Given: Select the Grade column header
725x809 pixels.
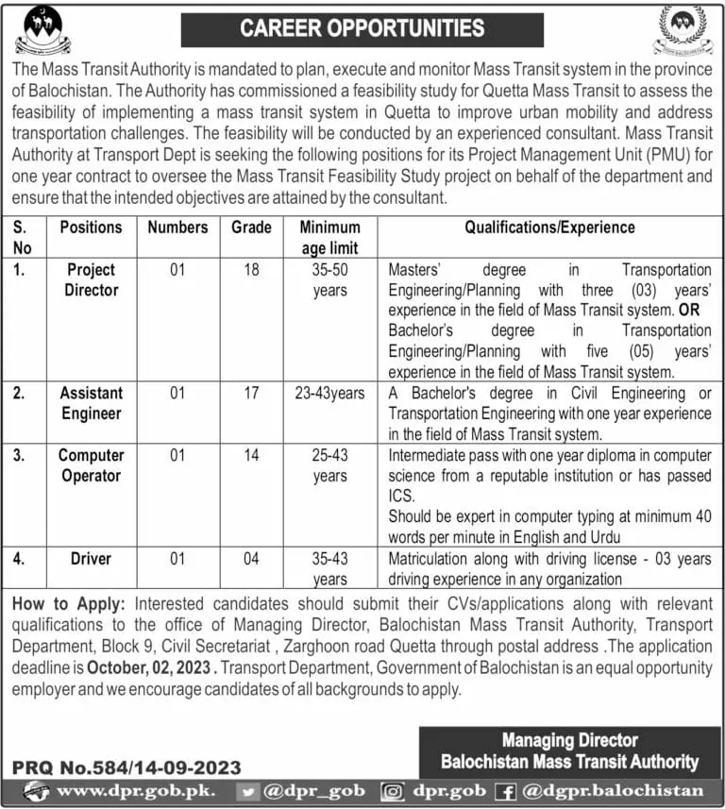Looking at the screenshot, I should click(x=251, y=228).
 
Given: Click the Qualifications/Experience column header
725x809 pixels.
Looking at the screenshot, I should click(x=549, y=228).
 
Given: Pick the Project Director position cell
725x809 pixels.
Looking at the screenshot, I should click(x=92, y=279).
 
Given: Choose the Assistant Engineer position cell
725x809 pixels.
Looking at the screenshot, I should click(x=92, y=403).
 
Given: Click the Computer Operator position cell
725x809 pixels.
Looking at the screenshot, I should click(x=92, y=465).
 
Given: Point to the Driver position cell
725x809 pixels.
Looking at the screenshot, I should click(x=92, y=559).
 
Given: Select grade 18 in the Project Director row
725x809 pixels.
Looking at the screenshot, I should click(x=251, y=270).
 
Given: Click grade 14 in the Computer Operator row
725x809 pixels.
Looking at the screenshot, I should click(x=251, y=455).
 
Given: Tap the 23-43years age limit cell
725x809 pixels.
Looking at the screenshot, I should click(x=329, y=394).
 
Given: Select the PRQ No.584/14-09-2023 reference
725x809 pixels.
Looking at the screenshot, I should click(x=126, y=768).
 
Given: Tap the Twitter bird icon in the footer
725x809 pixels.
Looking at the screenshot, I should click(x=247, y=791).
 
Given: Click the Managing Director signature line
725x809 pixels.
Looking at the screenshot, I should click(x=569, y=740).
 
